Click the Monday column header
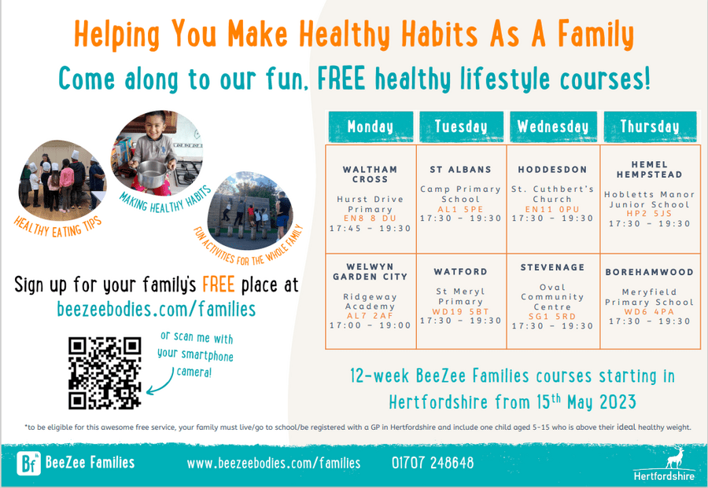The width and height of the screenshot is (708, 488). (x=371, y=127)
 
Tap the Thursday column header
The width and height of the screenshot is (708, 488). (x=650, y=127)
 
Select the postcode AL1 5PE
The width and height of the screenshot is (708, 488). (x=460, y=209)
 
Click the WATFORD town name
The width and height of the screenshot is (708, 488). (x=460, y=272)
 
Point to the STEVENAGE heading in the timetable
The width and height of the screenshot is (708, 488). (x=552, y=267)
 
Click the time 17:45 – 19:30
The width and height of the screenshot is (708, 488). (x=371, y=228)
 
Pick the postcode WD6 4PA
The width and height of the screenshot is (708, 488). (x=649, y=312)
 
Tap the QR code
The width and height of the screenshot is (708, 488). (x=105, y=373)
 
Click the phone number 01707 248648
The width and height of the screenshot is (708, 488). (x=433, y=463)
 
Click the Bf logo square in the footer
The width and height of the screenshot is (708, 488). (x=28, y=463)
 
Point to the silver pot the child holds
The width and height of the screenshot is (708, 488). (x=152, y=174)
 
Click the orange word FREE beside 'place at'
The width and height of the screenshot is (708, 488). (x=219, y=285)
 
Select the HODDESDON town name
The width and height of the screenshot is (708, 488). (x=552, y=170)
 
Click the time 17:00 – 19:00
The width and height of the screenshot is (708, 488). (x=371, y=325)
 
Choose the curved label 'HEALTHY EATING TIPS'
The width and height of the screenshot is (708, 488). (x=57, y=227)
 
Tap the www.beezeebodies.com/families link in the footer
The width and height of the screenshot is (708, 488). (x=274, y=463)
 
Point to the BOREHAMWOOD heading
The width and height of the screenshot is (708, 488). (x=649, y=272)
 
